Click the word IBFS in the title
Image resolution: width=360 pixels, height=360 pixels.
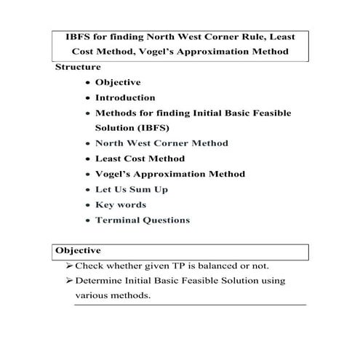pyautogui.click(x=79, y=36)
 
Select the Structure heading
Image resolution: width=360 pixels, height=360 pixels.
pyautogui.click(x=78, y=67)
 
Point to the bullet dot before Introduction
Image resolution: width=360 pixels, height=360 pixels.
pyautogui.click(x=88, y=98)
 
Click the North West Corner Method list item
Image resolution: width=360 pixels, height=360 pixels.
pyautogui.click(x=161, y=143)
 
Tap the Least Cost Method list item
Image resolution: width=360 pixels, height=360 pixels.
pyautogui.click(x=140, y=159)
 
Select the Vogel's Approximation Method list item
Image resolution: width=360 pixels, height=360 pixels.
pyautogui.click(x=170, y=174)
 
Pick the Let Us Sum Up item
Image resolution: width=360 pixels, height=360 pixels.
pyautogui.click(x=132, y=189)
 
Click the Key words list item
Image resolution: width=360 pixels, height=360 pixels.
pyautogui.click(x=121, y=204)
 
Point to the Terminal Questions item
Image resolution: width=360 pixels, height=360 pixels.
pyautogui.click(x=143, y=220)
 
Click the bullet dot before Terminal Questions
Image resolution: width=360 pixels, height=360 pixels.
pyautogui.click(x=88, y=220)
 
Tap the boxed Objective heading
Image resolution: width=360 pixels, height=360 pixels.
pyautogui.click(x=78, y=251)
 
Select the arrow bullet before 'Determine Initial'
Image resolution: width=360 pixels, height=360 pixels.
pyautogui.click(x=69, y=281)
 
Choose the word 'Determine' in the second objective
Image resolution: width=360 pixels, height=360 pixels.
pyautogui.click(x=101, y=281)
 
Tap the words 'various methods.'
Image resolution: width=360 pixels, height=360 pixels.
pyautogui.click(x=113, y=296)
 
